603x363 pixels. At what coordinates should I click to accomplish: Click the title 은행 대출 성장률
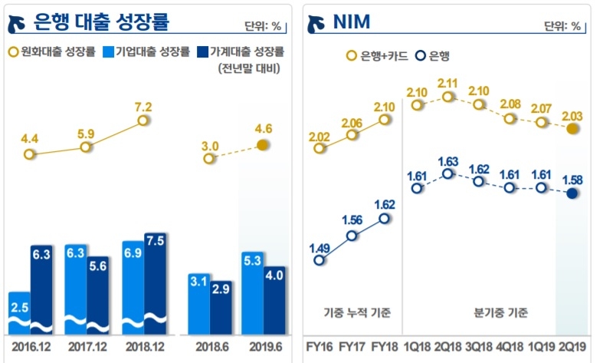tap(101, 22)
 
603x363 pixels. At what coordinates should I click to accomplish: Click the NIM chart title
tap(352, 22)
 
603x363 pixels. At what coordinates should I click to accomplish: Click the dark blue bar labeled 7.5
tap(156, 284)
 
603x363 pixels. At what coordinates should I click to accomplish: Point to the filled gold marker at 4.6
tap(263, 145)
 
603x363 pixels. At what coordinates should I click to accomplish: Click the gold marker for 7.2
tap(143, 120)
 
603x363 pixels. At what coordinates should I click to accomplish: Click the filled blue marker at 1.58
tap(572, 193)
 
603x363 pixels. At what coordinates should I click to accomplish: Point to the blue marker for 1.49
tap(320, 260)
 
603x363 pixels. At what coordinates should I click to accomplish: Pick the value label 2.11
tap(448, 83)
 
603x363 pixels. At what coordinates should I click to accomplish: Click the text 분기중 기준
tap(501, 313)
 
